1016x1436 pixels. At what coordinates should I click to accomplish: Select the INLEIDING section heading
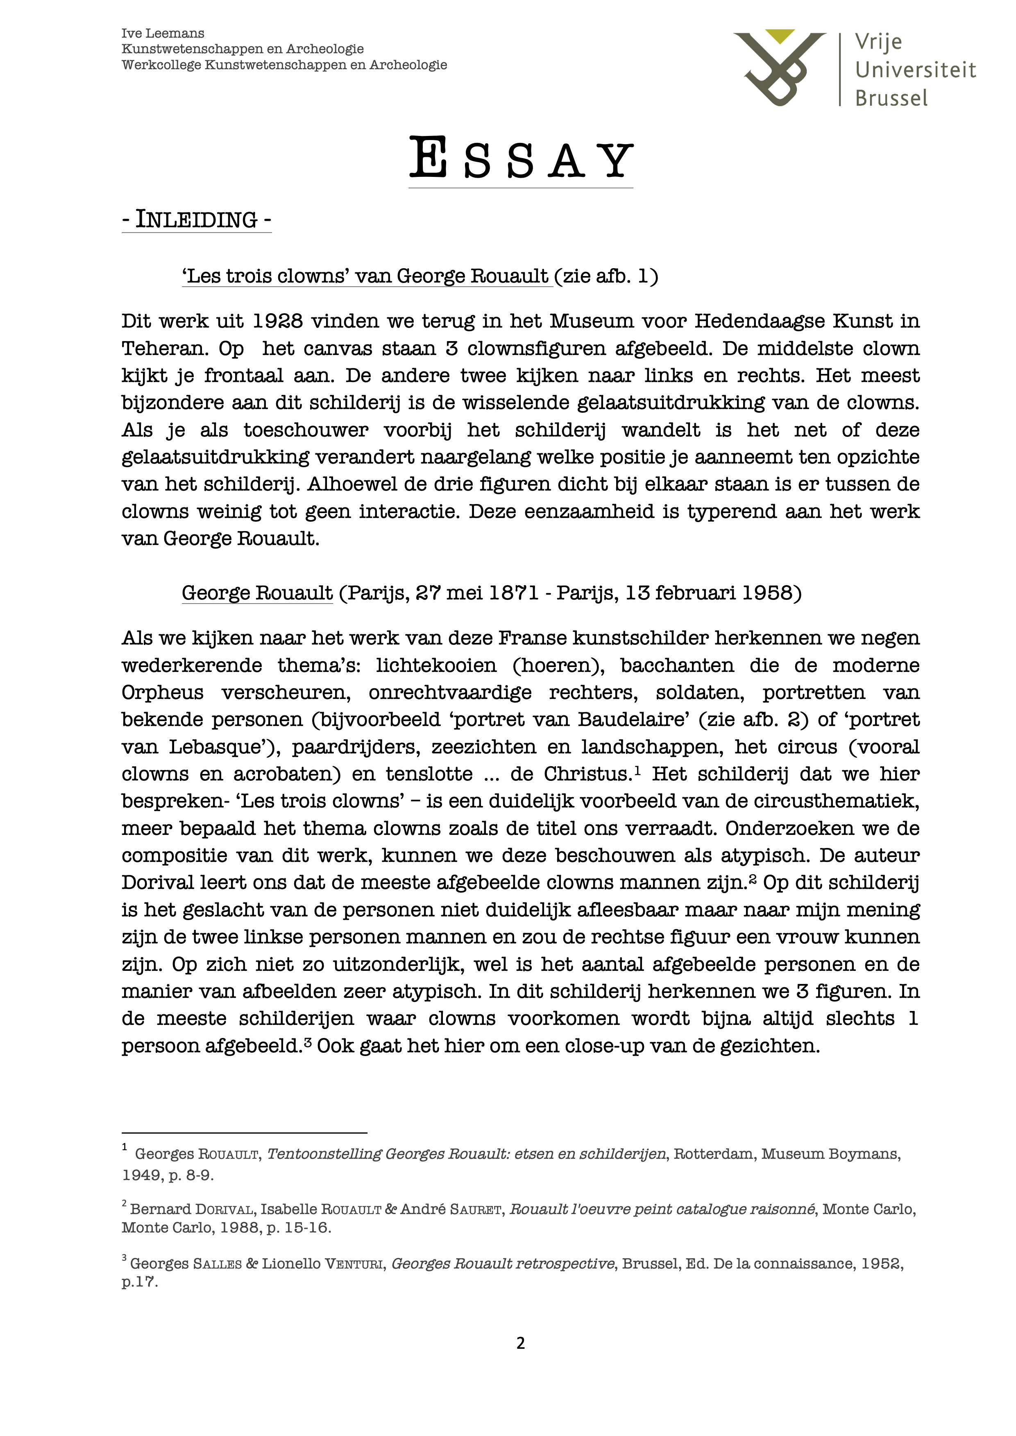(x=197, y=220)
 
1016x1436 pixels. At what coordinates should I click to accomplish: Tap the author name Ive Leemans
(x=163, y=33)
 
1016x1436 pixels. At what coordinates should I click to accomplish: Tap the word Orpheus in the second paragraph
(x=163, y=693)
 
